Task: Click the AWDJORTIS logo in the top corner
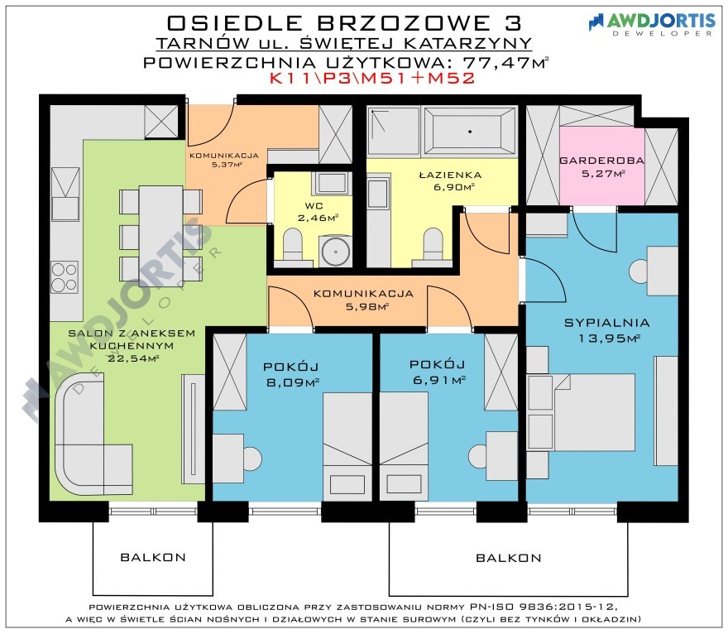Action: (x=652, y=23)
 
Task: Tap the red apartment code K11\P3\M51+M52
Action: (x=372, y=78)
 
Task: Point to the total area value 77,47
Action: (x=497, y=62)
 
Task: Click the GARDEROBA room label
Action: (x=601, y=161)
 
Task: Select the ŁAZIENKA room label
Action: (x=450, y=175)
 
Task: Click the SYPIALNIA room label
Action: (x=607, y=323)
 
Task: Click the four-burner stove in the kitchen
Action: (x=64, y=277)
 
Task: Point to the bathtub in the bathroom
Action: (x=470, y=132)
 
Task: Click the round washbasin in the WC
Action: (x=335, y=252)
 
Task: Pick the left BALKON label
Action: (x=153, y=557)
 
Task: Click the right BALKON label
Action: (x=509, y=558)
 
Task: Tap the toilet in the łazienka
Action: (x=433, y=247)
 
